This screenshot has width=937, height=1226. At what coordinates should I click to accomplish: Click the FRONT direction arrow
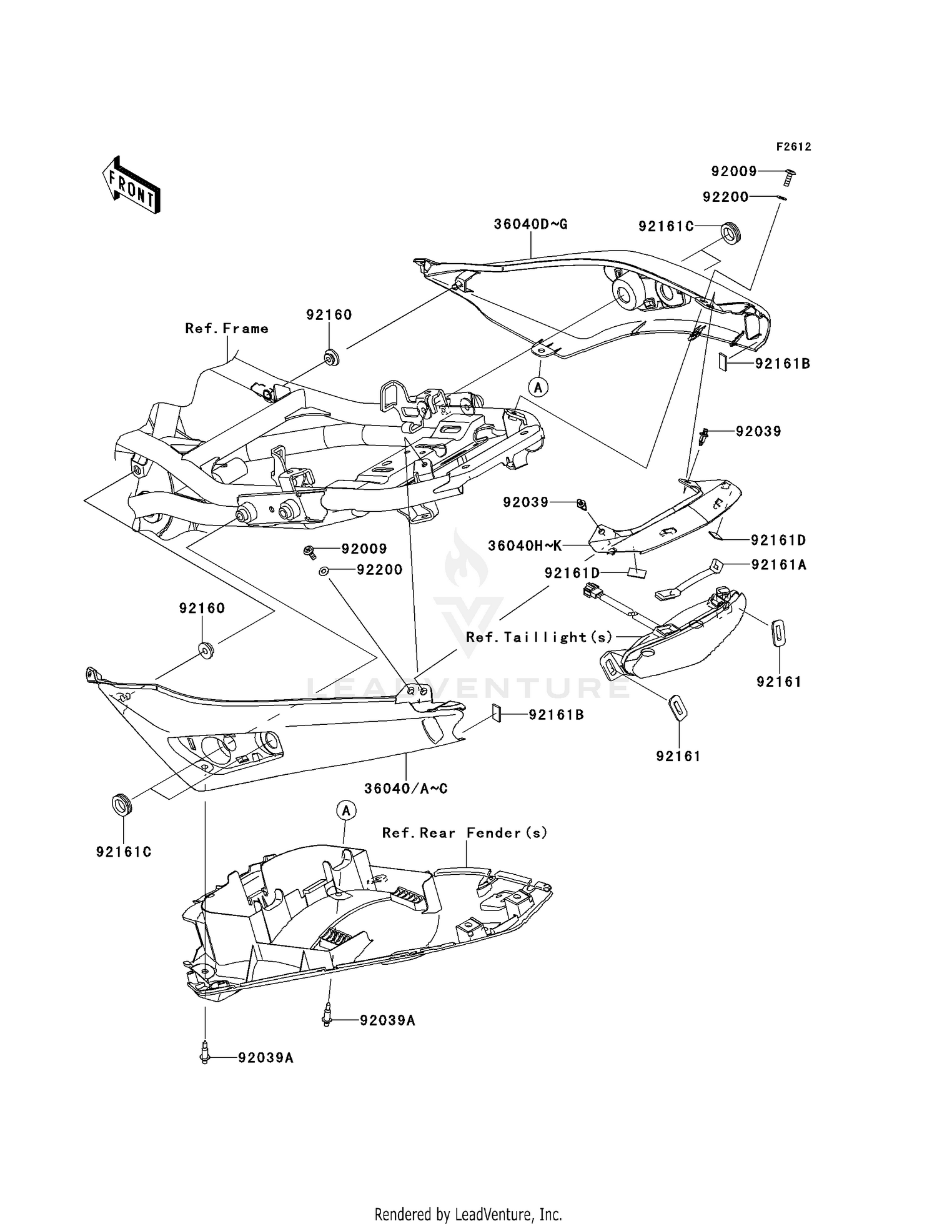[131, 185]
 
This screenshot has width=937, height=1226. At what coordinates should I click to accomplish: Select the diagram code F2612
[793, 147]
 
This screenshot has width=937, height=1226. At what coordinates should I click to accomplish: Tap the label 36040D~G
[530, 224]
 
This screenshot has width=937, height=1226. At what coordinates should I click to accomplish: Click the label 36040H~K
[525, 546]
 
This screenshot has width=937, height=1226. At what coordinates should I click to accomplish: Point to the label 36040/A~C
[406, 789]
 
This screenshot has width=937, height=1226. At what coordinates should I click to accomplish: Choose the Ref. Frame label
[227, 328]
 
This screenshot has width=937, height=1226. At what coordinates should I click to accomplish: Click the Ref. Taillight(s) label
[540, 637]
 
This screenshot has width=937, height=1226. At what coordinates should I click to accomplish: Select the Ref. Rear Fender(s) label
[465, 832]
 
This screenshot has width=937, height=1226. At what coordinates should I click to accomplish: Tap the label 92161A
[779, 565]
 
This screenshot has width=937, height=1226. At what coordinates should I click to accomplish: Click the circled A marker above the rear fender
[346, 810]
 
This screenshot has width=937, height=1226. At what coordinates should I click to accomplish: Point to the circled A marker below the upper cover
[538, 387]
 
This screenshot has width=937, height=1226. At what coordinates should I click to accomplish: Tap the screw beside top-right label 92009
[789, 176]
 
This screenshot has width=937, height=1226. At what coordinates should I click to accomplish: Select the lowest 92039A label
[265, 1058]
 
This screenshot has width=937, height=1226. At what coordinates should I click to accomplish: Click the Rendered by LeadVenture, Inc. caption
[468, 1214]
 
